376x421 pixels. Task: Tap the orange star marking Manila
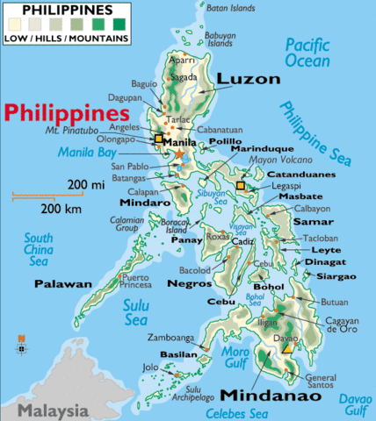tap(179, 153)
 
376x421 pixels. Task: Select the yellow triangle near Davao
tap(286, 348)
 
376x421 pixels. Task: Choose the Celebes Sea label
tap(236, 412)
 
